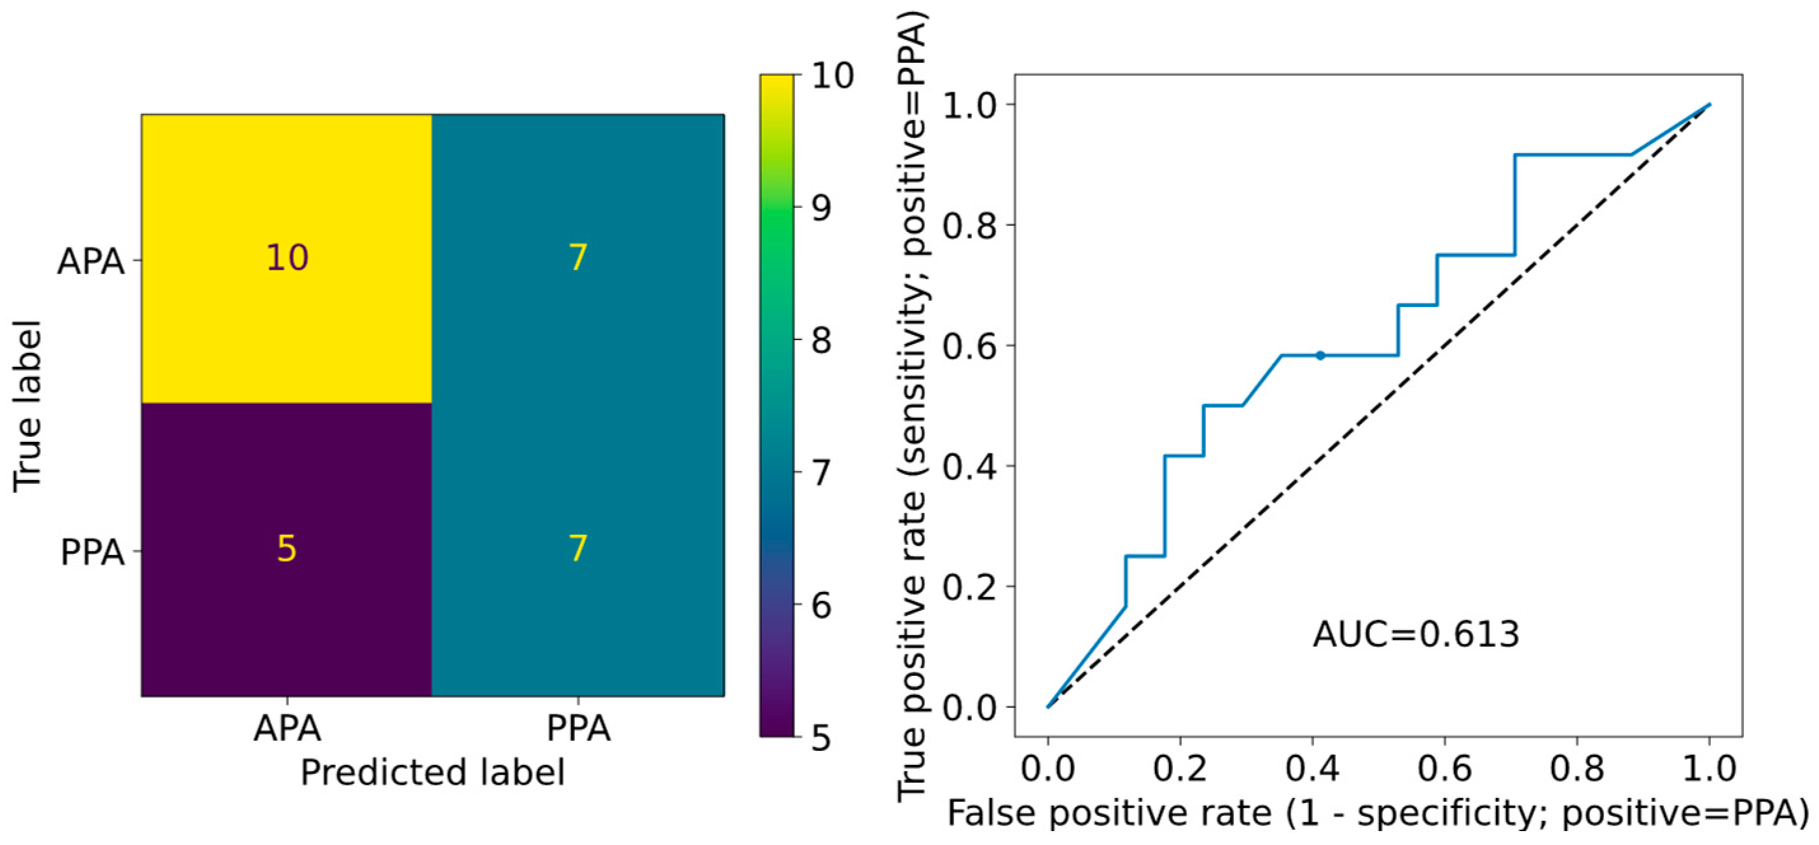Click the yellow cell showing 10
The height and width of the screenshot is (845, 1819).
point(287,258)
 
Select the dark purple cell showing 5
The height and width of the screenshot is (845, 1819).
point(286,549)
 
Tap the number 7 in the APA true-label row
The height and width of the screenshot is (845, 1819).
point(578,258)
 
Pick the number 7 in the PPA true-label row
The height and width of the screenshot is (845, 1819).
point(578,549)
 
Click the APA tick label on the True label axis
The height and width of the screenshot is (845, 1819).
point(91,262)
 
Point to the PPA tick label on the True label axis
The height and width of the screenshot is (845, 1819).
point(92,553)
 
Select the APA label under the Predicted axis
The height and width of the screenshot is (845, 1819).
point(287,729)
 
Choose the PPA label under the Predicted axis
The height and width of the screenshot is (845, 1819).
point(578,729)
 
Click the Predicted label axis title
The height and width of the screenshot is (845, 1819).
point(432,773)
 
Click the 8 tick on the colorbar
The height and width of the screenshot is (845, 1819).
point(821,341)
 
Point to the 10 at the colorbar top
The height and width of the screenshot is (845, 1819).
point(831,76)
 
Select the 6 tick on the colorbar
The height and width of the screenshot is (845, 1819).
point(821,606)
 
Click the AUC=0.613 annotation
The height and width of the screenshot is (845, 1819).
point(1416,634)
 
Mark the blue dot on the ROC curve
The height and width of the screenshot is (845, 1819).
point(1320,355)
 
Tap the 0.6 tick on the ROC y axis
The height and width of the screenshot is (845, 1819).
point(969,346)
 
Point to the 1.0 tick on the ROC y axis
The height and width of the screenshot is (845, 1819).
point(969,104)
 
